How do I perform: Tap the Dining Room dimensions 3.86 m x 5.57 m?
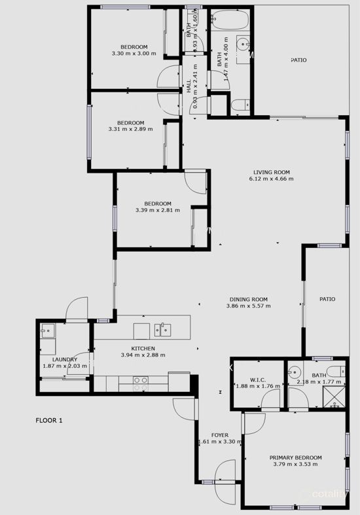(248, 306)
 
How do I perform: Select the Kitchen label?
(143, 348)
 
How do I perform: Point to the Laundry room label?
(65, 359)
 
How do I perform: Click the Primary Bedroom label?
(296, 457)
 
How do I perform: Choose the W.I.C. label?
(257, 380)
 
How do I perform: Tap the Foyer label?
(219, 435)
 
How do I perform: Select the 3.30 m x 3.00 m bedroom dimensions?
(134, 54)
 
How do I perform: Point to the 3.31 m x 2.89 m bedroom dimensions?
(130, 130)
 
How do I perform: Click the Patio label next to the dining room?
(327, 299)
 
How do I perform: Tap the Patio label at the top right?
(298, 60)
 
